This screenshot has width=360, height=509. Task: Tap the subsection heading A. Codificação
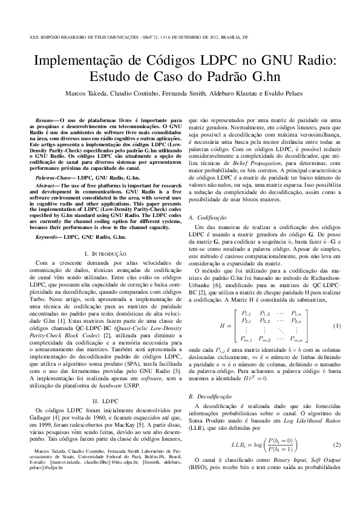point(208,217)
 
